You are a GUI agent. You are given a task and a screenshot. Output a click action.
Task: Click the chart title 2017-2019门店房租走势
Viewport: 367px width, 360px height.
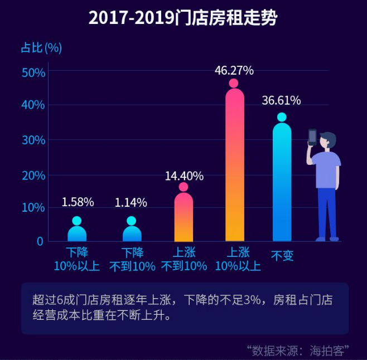click(183, 18)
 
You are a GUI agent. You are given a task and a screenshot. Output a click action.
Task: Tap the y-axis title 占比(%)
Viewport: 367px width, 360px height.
click(41, 48)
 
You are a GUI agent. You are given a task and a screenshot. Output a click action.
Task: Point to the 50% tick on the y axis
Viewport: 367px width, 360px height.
click(33, 72)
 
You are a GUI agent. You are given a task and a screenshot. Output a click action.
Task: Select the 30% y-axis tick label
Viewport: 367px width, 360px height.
click(33, 140)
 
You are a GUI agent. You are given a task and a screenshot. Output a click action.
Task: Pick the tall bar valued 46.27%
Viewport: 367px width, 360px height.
click(235, 167)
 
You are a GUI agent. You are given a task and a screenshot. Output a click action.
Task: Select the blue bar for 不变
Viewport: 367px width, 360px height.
click(282, 184)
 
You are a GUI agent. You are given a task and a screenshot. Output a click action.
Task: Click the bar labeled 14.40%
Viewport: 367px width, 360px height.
click(183, 217)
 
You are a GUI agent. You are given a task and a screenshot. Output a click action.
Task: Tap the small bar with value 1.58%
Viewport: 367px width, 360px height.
click(77, 233)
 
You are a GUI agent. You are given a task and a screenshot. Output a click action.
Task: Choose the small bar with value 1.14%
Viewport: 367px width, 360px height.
click(132, 233)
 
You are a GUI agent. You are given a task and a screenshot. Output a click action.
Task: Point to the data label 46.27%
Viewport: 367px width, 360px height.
click(234, 70)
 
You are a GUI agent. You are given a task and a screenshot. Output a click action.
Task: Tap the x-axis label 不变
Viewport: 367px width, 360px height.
click(282, 256)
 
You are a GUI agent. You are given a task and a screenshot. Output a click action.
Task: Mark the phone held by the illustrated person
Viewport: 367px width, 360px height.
click(312, 137)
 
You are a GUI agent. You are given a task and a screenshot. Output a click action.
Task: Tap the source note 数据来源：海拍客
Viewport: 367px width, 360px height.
click(298, 351)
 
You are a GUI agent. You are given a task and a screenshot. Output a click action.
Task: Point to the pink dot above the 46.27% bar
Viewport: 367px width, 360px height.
click(234, 84)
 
